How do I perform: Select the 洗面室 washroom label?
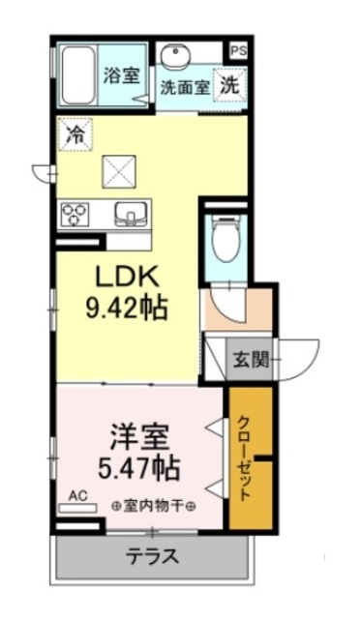185,86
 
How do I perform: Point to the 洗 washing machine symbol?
229,84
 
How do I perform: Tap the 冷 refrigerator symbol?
74,135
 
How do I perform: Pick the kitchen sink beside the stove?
129,213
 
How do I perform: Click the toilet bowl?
225,239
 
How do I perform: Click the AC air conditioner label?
77,495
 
